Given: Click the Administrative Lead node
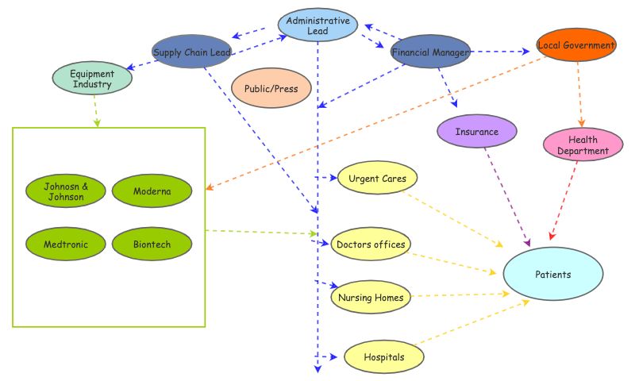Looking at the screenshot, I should pos(317,25).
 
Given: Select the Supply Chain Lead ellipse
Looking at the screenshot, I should pos(191,52).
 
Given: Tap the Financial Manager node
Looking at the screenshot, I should pos(430,52).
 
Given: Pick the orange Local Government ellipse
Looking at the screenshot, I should pos(575,46).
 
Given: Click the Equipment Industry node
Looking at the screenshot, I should pos(92,79).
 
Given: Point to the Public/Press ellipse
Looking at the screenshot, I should pos(271,89).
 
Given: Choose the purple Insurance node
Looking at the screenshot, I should pos(477,132).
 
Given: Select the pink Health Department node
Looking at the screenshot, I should pos(583,145).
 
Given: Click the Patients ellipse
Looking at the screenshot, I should pos(552,275).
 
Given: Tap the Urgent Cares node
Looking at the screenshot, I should pos(377,179).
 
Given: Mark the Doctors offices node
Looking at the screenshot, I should pos(371,244).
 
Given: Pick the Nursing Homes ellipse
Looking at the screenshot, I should pos(371,298).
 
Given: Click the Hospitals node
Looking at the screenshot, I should pos(383,357).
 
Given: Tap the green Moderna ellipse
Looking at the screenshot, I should pos(152,191).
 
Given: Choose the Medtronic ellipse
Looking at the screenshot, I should pos(66,244).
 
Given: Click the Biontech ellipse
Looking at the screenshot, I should pos(152,244).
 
